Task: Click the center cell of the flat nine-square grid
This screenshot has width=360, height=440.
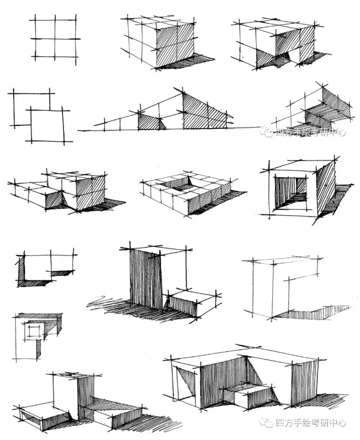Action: tap(54, 38)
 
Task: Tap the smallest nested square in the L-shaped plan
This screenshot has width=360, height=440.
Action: tap(35, 331)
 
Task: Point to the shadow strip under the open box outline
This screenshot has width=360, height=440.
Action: tap(310, 312)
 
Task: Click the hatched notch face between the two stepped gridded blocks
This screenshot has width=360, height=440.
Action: tap(54, 199)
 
